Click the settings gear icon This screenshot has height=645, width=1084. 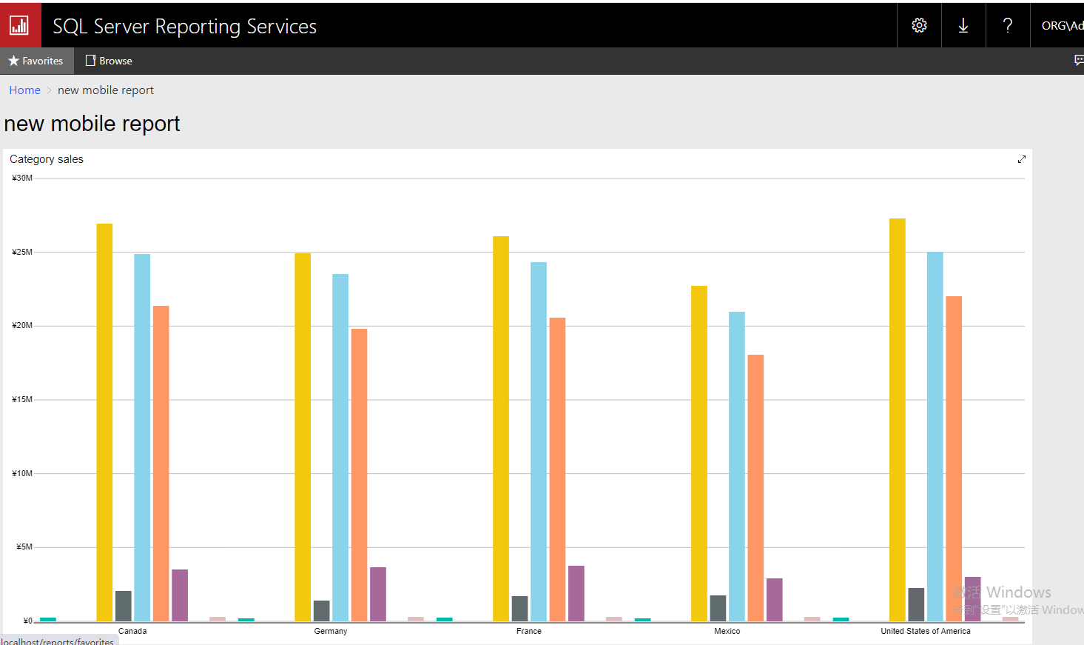[x=919, y=25]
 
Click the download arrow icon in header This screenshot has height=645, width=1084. [x=963, y=25]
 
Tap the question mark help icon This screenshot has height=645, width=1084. [x=1008, y=25]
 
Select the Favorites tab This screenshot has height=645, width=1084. [x=36, y=61]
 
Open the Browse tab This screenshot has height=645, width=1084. [x=109, y=61]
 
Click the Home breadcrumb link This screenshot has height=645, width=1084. [x=24, y=90]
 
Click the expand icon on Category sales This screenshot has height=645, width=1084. [x=1022, y=159]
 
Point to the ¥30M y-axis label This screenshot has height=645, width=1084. [x=22, y=178]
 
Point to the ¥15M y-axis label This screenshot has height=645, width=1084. [x=22, y=399]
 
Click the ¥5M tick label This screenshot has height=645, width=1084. [x=24, y=547]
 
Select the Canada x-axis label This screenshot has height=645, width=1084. [x=132, y=631]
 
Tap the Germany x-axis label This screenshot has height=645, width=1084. [x=330, y=631]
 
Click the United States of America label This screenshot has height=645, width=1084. [x=925, y=631]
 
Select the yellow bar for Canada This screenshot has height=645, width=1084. [x=104, y=422]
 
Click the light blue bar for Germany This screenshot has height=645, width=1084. [x=340, y=447]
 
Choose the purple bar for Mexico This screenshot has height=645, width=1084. [x=775, y=600]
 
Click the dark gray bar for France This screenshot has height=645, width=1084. [x=519, y=609]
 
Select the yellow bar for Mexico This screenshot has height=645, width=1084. [x=699, y=453]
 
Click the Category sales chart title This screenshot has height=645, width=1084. [x=47, y=159]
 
